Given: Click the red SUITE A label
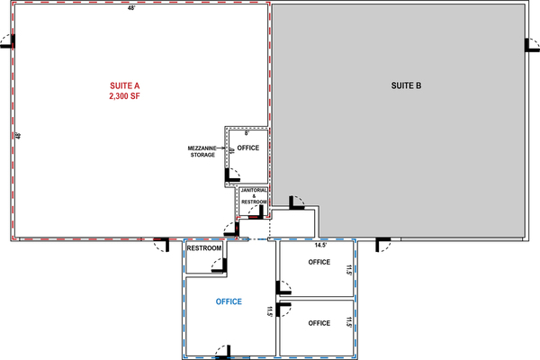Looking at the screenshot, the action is [x=125, y=85].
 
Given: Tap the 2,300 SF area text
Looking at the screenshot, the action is [x=125, y=96].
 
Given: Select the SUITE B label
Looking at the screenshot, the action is [x=406, y=85].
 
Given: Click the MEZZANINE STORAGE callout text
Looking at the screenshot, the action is [x=202, y=151].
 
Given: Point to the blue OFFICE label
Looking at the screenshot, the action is [x=229, y=301].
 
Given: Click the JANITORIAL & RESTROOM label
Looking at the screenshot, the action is [x=254, y=196].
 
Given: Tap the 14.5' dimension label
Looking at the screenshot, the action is [x=320, y=246].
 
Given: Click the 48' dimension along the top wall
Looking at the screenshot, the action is [x=131, y=8].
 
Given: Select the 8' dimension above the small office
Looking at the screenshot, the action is [x=247, y=133].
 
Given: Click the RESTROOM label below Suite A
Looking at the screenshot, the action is [x=204, y=248].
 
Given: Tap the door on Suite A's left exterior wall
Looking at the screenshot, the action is [x=7, y=41].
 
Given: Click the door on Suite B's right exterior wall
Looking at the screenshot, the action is [x=532, y=45].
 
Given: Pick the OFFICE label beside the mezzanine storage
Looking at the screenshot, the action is [x=248, y=148].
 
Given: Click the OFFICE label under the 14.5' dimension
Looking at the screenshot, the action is [x=319, y=262].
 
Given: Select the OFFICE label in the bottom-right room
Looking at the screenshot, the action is [x=319, y=323].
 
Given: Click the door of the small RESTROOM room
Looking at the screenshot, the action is [x=219, y=265].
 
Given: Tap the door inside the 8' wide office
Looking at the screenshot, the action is [x=232, y=175].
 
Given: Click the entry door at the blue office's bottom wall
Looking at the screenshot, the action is [x=223, y=352].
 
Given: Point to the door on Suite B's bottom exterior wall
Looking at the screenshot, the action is [x=383, y=245].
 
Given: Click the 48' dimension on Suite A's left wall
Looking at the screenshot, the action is [x=18, y=136].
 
